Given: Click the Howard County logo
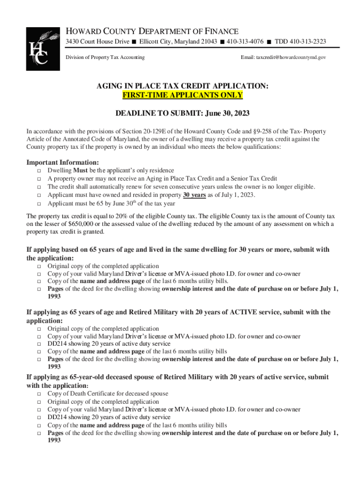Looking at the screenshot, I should pos(43,49).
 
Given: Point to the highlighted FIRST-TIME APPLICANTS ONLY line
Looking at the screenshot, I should pos(182,95).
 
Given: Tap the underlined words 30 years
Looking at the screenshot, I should pos(194,195).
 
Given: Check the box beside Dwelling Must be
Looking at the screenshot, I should pos(39,171).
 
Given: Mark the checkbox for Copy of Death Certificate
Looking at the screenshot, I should pos(39,394).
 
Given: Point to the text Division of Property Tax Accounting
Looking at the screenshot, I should pos(105,57).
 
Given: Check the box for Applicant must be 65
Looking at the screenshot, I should pos(39,203).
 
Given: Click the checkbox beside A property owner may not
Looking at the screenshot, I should pos(39,179).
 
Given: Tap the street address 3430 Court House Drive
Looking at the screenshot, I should pos(97,42).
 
